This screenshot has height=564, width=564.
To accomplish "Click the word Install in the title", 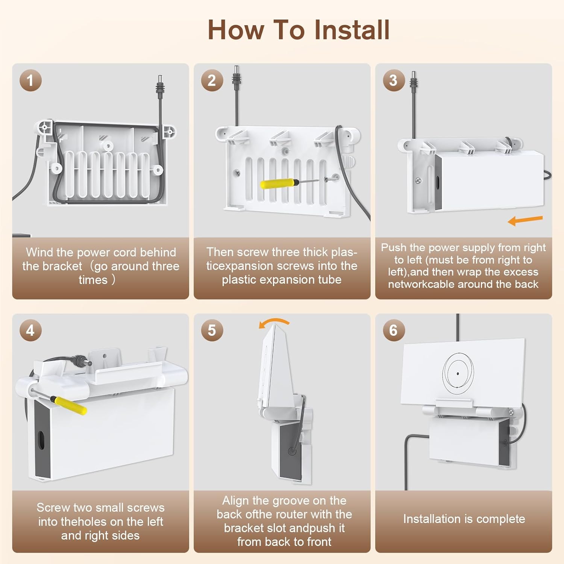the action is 352,30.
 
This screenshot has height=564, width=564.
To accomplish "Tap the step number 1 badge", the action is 30,80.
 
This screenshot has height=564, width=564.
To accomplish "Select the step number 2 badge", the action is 212,80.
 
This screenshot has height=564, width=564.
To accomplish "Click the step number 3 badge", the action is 394,80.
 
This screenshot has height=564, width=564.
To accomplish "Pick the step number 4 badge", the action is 30,331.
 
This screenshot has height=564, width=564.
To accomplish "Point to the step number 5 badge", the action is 212,331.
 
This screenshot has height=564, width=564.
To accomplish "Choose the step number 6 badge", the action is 394,331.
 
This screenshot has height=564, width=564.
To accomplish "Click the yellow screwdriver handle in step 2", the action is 277,184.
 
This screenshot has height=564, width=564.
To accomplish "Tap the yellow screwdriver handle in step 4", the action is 71,405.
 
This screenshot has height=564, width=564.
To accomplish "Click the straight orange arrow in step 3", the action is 525,220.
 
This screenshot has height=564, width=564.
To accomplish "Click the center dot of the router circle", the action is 458,374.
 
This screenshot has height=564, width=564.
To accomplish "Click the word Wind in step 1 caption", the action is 39,252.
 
